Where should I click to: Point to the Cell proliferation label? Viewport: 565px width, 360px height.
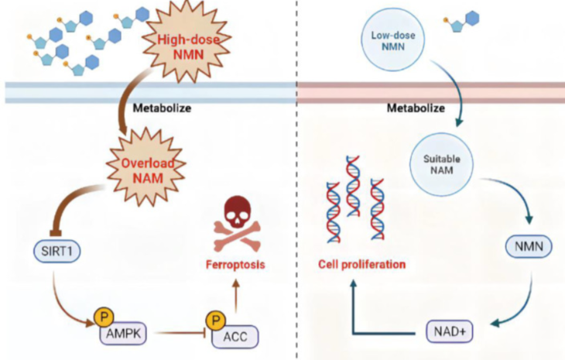[x=362, y=264]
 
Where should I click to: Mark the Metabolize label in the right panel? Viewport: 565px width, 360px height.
[x=415, y=108]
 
